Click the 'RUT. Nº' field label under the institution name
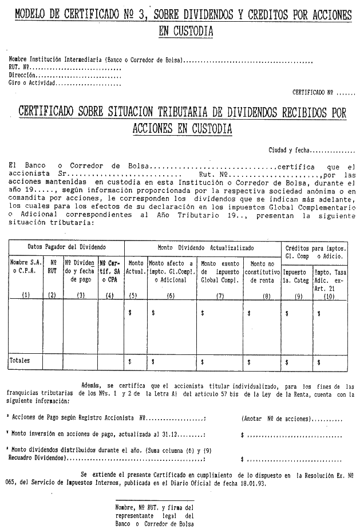point(19,67)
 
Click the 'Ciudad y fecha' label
point(289,150)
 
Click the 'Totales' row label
point(19,361)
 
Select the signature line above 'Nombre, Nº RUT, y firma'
point(154,501)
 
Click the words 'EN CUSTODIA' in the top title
point(185,32)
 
